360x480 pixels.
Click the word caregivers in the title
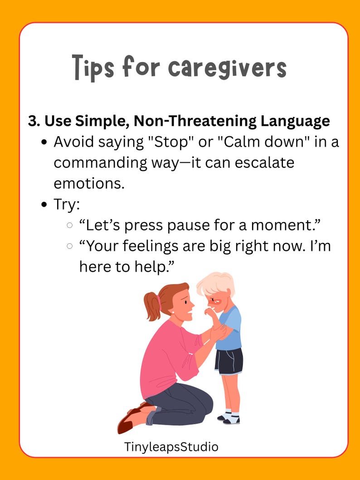(x=228, y=68)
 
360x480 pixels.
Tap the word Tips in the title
(x=93, y=68)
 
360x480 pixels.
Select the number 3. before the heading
(x=34, y=121)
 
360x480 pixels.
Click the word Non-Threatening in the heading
(x=195, y=121)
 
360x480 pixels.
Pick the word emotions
(x=89, y=184)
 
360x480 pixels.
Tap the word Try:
(x=67, y=204)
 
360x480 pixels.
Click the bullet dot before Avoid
(x=45, y=143)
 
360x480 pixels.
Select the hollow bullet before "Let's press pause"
(x=69, y=225)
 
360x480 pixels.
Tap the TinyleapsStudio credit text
(x=171, y=446)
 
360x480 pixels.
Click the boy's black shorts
(x=229, y=361)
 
